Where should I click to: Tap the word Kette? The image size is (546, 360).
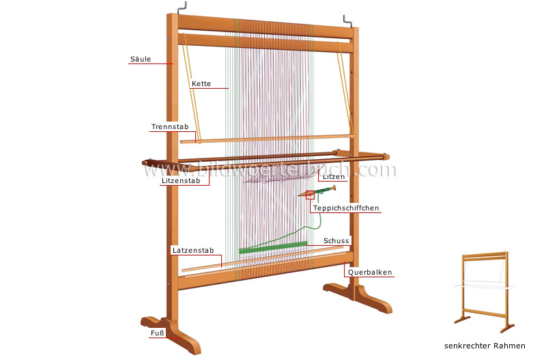point(201,84)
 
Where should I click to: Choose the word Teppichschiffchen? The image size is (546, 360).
point(345,207)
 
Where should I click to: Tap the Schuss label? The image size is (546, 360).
point(337,240)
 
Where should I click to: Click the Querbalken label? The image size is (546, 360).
point(370,272)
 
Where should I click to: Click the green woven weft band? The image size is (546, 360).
point(273,247)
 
